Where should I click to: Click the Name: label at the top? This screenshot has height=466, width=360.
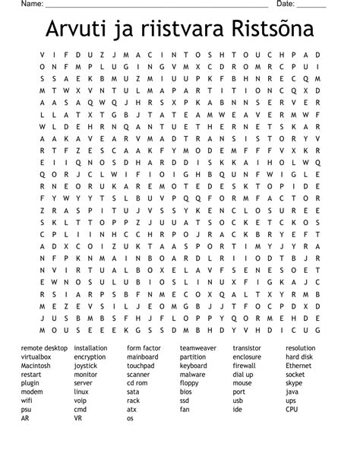[31, 5]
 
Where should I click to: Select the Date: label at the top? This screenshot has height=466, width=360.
[286, 5]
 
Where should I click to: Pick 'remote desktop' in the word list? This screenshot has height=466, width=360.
[44, 348]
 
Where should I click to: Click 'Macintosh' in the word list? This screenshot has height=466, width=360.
[36, 366]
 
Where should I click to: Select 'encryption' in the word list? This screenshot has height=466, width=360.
[90, 357]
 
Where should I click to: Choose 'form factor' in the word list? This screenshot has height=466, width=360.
[144, 348]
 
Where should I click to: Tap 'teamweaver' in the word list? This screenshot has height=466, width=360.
[198, 348]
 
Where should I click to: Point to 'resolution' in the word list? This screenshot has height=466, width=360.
[301, 348]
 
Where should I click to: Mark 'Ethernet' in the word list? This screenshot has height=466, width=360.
[298, 366]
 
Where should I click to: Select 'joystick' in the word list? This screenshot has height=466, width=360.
[86, 366]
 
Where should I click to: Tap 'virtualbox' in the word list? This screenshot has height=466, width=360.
[36, 357]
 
